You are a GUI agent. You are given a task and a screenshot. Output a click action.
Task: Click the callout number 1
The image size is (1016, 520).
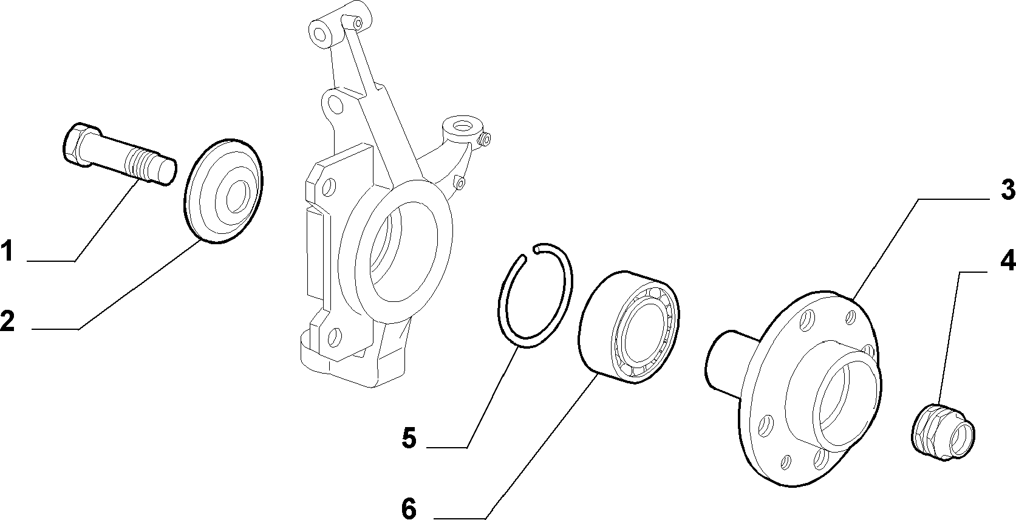pyautogui.click(x=7, y=252)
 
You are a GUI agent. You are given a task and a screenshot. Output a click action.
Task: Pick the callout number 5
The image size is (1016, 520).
pyautogui.click(x=409, y=439)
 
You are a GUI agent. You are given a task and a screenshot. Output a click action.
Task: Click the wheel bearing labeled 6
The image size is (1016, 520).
pyautogui.click(x=631, y=329)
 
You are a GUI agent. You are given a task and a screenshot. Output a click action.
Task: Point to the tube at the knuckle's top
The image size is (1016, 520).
pyautogui.click(x=339, y=24)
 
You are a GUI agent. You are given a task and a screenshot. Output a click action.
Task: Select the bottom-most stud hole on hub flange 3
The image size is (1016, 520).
pyautogui.click(x=820, y=459)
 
